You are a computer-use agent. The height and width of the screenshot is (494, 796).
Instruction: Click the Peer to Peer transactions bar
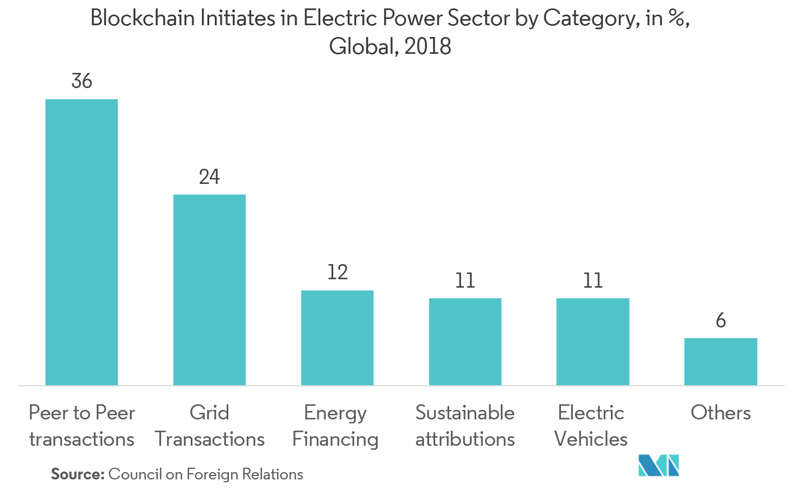tap(81, 242)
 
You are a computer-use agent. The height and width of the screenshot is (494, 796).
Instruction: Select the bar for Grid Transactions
tap(209, 290)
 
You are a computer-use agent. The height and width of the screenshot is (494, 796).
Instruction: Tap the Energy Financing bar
tap(337, 338)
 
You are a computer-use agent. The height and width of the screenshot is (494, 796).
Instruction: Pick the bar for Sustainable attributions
tap(465, 341)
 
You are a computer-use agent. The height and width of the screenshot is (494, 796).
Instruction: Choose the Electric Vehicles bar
tap(593, 341)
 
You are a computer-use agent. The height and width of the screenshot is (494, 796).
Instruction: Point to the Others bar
tap(721, 362)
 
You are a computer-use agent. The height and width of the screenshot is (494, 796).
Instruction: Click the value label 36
tap(82, 81)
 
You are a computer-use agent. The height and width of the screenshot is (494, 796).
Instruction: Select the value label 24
tap(209, 177)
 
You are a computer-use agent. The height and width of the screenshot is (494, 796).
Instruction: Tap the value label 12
tap(337, 273)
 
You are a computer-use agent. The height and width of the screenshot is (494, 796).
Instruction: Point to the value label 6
tap(721, 321)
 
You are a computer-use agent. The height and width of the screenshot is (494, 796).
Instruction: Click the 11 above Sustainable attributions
tap(465, 280)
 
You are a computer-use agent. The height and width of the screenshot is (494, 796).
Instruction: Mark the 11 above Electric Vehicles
tap(593, 280)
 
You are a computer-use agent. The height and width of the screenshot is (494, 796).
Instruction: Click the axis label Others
tap(721, 413)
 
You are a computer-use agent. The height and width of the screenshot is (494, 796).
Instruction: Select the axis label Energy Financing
tap(335, 426)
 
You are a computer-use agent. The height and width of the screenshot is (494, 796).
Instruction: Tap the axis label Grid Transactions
tap(209, 426)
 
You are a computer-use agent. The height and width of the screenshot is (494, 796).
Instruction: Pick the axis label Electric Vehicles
tap(591, 426)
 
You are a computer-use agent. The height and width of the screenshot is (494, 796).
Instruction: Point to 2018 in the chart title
tap(427, 47)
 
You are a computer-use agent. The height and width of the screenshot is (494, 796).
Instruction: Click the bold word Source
tap(78, 474)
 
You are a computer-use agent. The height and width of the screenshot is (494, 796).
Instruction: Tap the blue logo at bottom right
tap(659, 465)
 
